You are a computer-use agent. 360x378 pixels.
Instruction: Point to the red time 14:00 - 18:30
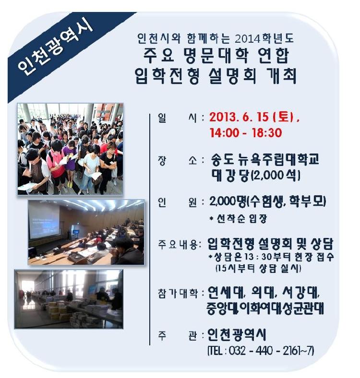click(246, 132)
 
